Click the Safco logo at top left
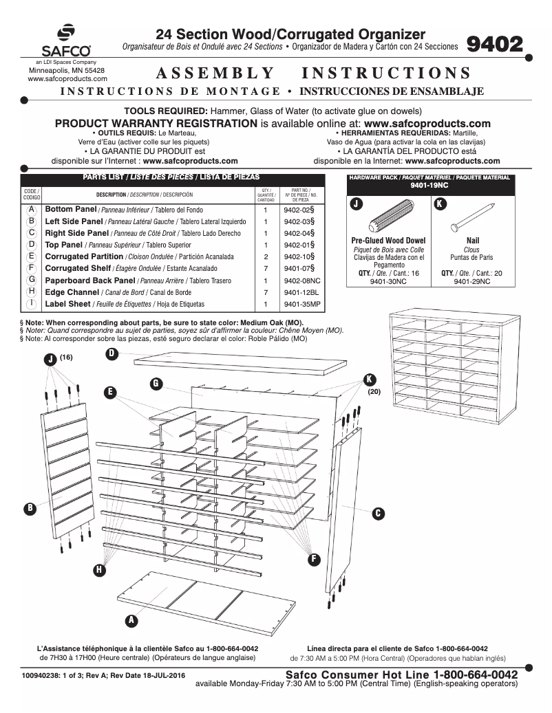66,41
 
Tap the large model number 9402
495,45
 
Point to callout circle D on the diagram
112,353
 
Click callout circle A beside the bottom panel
131,620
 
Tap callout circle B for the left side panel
30,508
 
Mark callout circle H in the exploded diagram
100,570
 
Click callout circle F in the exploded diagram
315,558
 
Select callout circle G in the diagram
156,383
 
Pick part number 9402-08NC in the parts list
301,281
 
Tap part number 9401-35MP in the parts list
301,304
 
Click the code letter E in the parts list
32,256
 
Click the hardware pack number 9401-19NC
429,186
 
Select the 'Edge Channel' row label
72,292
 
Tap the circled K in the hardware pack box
440,204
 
